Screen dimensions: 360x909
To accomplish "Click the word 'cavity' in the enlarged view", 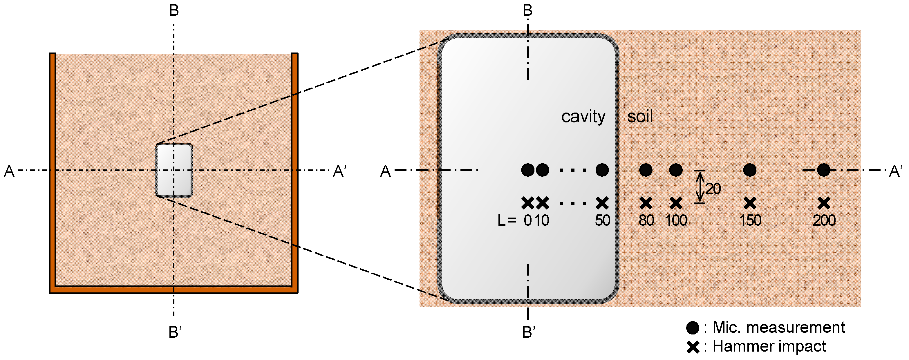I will click(x=583, y=117).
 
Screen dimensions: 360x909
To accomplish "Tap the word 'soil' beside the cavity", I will click(x=640, y=117).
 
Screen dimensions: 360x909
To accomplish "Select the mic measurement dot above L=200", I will click(x=823, y=170).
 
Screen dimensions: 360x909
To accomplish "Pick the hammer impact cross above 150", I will click(x=749, y=203).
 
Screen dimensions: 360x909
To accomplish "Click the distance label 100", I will click(x=676, y=220).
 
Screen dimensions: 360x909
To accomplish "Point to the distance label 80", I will click(x=646, y=220).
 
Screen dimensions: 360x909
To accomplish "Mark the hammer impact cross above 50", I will click(x=602, y=203).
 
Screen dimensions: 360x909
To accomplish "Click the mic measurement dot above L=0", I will click(x=527, y=170).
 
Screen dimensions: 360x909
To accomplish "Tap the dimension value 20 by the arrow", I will click(x=713, y=189).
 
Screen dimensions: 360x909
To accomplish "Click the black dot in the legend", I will click(x=692, y=328).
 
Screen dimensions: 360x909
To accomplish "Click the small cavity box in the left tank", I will click(x=174, y=170).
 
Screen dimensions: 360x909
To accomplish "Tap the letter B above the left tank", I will click(x=174, y=10).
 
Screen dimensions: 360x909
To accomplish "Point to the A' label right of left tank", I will click(x=340, y=171).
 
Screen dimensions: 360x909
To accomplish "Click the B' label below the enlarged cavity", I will click(x=529, y=332).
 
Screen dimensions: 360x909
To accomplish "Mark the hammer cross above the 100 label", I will click(x=676, y=203).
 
